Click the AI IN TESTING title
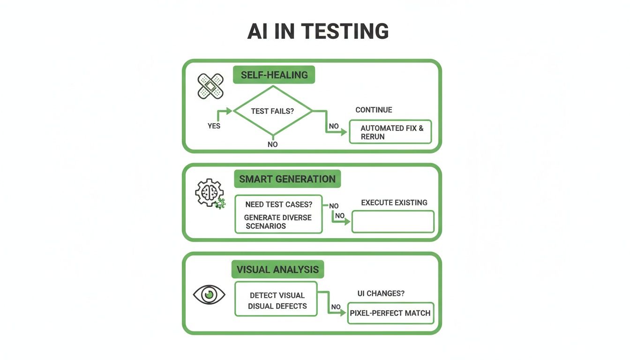click(x=318, y=31)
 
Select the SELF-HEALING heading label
click(x=274, y=75)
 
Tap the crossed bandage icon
click(x=210, y=86)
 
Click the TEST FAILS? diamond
click(x=273, y=111)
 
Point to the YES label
click(x=214, y=126)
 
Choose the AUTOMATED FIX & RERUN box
click(x=390, y=132)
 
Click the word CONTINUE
click(x=374, y=110)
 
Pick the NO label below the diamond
click(x=272, y=144)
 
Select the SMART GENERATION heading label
click(x=287, y=179)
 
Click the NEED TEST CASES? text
click(x=279, y=205)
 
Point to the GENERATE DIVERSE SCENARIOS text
click(x=277, y=222)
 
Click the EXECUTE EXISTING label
click(x=394, y=202)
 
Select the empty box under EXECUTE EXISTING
click(x=393, y=222)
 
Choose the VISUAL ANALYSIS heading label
click(x=277, y=270)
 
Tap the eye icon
click(x=209, y=295)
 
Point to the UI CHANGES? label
click(x=381, y=293)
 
